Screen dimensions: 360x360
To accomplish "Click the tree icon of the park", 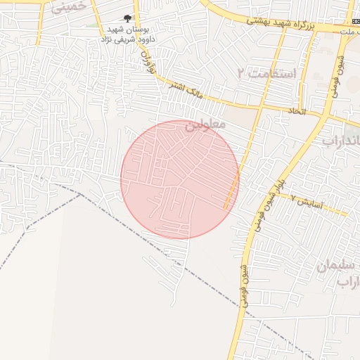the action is click(x=127, y=18).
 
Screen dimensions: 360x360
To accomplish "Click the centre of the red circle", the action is click(x=180, y=179).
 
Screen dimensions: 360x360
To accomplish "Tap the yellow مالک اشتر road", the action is click(x=211, y=96).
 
